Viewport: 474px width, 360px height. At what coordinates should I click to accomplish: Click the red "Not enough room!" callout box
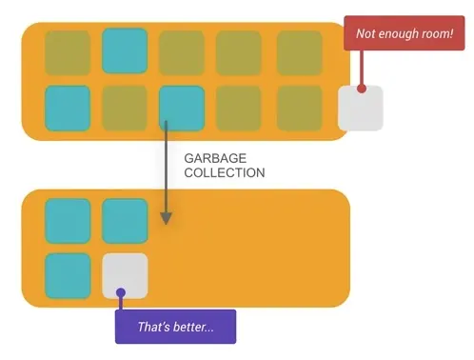coord(405,33)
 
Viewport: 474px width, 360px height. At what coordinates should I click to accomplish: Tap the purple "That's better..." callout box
coord(175,327)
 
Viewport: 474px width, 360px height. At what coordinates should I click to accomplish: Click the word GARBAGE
coord(215,158)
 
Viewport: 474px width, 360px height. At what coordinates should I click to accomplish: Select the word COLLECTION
coord(225,172)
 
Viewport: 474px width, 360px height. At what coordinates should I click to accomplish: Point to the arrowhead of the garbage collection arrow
coord(166,218)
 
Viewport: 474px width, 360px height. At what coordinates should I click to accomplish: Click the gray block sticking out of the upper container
coord(361,108)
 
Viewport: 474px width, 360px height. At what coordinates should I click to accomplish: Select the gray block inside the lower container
coord(125,275)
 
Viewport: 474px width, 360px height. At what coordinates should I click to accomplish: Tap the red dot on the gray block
coord(362,89)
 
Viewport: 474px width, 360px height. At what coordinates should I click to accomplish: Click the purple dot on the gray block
coord(121,292)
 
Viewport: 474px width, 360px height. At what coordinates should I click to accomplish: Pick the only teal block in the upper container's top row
coord(125,50)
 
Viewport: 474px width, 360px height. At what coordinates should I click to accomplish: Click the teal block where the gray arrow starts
coord(182,109)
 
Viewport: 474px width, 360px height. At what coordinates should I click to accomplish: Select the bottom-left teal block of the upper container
coord(68,109)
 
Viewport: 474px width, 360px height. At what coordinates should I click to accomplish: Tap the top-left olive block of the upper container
coord(68,52)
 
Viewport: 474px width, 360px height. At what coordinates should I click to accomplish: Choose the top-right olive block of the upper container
coord(300,52)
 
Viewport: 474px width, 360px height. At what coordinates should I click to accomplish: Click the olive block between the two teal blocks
coord(125,109)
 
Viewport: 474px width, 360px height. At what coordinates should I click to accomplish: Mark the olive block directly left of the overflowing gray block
coord(300,109)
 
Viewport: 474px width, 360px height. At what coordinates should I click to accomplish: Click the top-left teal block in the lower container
coord(68,221)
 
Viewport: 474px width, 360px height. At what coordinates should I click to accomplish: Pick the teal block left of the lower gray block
coord(68,275)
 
